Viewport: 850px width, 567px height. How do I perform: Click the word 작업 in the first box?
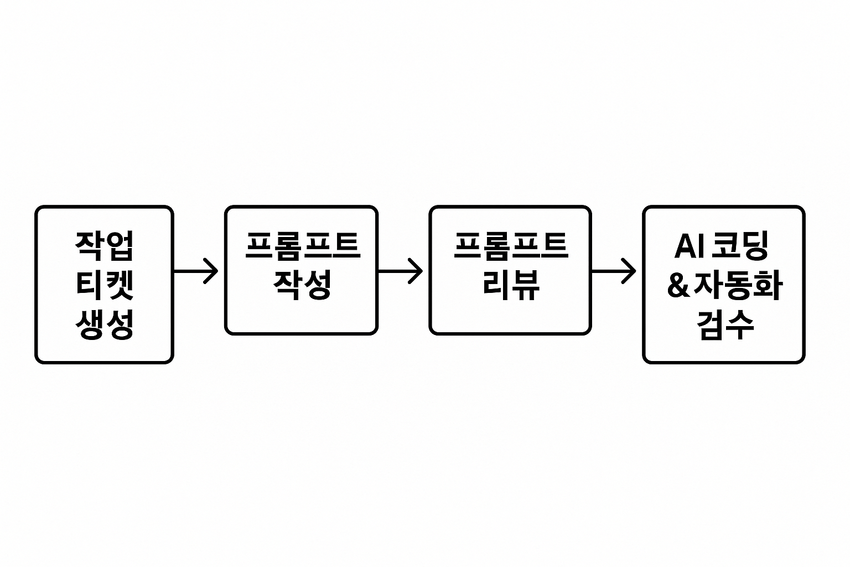click(105, 245)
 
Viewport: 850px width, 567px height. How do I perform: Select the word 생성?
click(105, 324)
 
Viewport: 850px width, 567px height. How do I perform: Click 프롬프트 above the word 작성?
click(302, 245)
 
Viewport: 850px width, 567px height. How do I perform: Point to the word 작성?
click(302, 285)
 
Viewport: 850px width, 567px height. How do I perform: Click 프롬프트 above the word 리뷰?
click(510, 245)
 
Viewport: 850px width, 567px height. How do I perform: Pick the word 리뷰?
click(510, 285)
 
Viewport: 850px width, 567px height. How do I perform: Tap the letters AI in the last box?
click(688, 246)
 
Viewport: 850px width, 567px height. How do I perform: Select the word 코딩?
click(740, 246)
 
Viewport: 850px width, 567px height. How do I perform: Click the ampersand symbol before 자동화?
click(676, 286)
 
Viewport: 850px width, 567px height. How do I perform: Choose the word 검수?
click(724, 324)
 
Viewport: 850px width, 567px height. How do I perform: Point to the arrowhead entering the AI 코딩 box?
click(630, 271)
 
